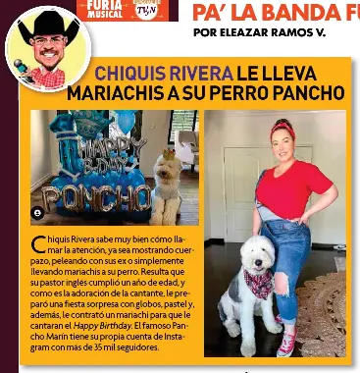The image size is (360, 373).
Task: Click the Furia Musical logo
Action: [x=105, y=8]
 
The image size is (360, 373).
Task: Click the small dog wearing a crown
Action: [x=165, y=187]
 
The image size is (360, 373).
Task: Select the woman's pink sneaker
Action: [x=287, y=343]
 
